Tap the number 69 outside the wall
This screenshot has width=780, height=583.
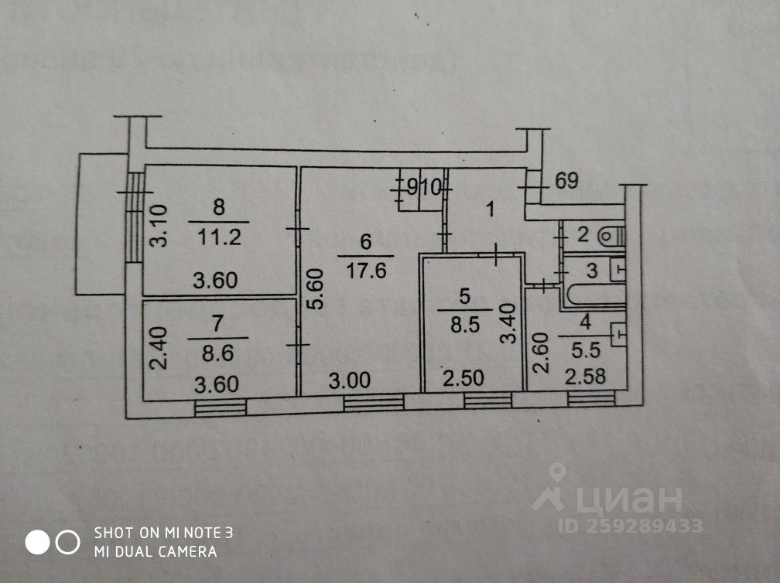[567, 182]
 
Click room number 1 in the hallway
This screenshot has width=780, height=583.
[489, 208]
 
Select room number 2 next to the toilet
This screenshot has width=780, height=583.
[583, 233]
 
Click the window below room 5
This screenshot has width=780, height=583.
[487, 401]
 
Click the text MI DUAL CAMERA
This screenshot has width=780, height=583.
[155, 551]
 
